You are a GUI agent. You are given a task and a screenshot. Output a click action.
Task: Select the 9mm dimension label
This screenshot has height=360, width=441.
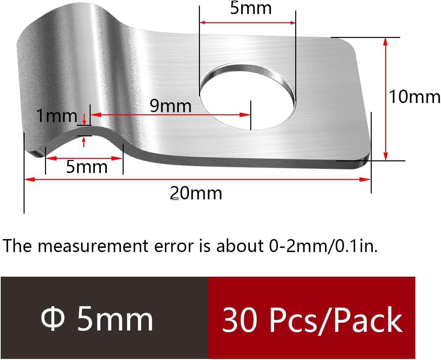[170, 106]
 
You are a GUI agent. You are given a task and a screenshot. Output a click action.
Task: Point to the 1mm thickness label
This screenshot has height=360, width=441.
[57, 116]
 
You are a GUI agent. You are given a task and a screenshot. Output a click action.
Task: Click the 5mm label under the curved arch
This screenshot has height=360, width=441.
[87, 167]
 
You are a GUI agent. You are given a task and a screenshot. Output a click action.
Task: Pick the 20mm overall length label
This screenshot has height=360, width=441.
[196, 193]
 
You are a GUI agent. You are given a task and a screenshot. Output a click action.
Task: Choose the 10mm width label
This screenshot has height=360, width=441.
[414, 97]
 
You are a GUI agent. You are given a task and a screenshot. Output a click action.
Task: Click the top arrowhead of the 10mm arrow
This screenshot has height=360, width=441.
[385, 41]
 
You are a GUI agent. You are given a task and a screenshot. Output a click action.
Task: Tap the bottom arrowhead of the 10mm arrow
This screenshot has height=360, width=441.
[385, 157]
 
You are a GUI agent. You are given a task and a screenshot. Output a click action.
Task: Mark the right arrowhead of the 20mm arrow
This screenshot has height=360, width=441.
[367, 179]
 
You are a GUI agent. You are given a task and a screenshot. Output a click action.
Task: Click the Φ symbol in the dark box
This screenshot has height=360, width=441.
[53, 319]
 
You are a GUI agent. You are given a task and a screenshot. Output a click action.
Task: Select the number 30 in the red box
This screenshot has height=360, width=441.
[239, 320]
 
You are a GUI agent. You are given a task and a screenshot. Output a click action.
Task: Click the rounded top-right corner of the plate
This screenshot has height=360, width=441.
[350, 44]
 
